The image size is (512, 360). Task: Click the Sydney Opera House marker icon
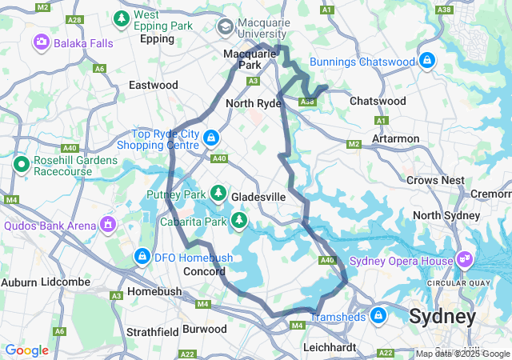coord(465,259)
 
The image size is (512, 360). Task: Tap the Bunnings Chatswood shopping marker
coord(428,60)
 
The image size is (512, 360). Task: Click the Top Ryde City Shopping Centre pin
coord(210,138)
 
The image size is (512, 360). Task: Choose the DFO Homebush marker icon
coord(142,256)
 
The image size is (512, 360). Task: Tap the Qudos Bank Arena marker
coord(107,226)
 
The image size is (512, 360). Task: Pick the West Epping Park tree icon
coord(121,18)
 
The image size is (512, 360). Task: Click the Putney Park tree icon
coord(218,193)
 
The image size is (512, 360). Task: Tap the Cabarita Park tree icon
coord(239,220)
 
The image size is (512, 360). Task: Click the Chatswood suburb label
coord(378,101)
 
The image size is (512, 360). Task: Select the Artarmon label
coord(396,138)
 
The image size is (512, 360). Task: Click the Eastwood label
coord(154,85)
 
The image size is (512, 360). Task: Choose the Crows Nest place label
coord(434,180)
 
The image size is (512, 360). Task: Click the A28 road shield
coord(75,18)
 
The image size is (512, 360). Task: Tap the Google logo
coord(27,350)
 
